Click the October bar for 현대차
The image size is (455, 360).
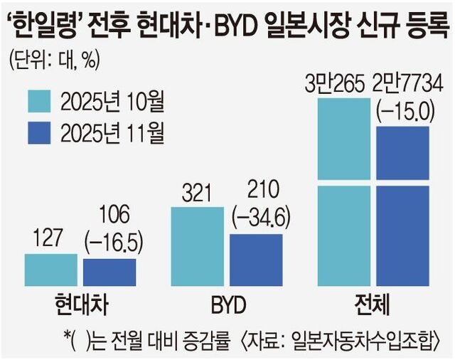pos(50,269)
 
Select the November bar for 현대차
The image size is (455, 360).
pos(109,272)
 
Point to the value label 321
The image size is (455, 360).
pos(198,193)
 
